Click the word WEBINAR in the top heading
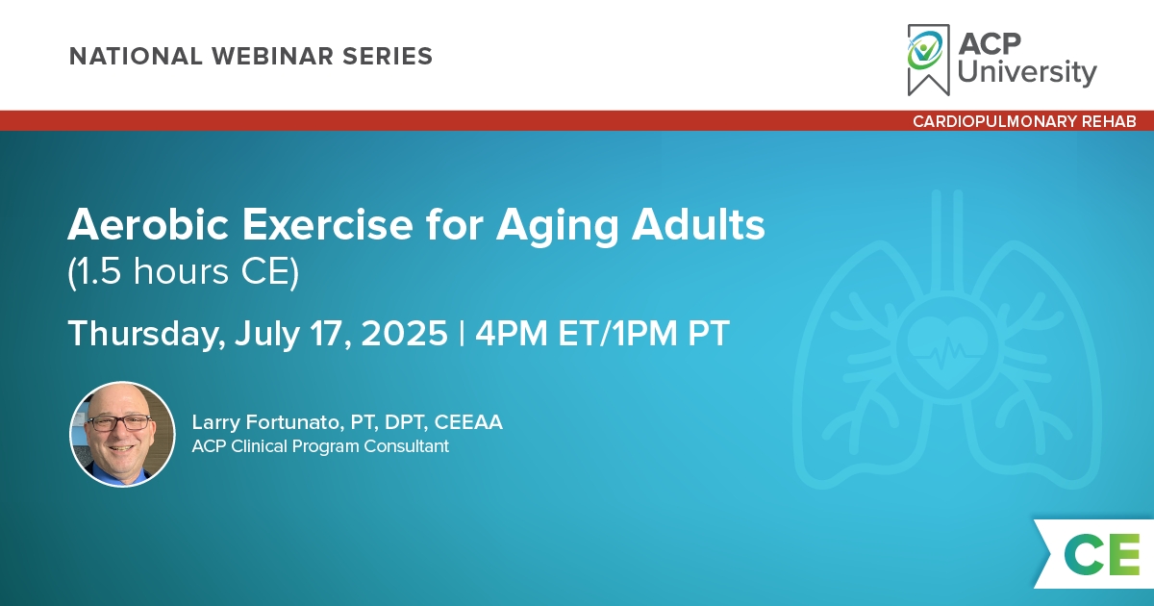273,56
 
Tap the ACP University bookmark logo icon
928,60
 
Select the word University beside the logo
1027,72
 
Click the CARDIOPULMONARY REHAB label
1024,121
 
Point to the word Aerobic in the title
148,225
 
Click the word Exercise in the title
327,225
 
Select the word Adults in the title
698,225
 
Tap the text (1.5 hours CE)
184,271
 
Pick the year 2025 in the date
405,334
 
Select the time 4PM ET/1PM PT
602,334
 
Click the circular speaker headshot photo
122,435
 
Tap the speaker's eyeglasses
119,423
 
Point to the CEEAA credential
468,422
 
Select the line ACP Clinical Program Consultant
320,446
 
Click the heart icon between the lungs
947,350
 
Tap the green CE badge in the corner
1101,554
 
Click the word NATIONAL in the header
136,56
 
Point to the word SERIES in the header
388,56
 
